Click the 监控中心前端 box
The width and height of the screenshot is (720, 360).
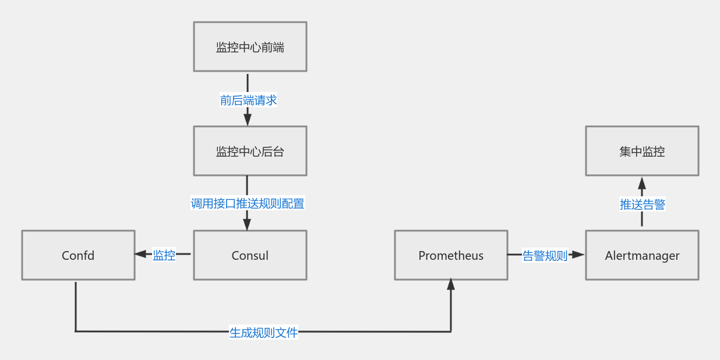(x=250, y=47)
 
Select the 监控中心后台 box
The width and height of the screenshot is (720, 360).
(x=250, y=151)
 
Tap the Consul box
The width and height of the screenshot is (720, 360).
(x=250, y=255)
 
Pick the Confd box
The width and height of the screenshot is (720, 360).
(x=78, y=255)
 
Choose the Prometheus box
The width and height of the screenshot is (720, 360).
(x=451, y=255)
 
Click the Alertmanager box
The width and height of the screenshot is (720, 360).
(x=642, y=255)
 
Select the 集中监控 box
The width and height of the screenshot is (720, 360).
(x=642, y=151)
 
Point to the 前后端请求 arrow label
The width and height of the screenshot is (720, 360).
(x=248, y=100)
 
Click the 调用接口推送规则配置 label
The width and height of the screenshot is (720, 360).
(x=248, y=203)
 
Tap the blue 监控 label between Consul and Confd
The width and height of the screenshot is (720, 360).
(x=164, y=255)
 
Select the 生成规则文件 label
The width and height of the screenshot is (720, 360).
(x=263, y=332)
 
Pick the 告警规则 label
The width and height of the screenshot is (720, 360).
(x=545, y=255)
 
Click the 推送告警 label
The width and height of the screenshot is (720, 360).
(x=642, y=204)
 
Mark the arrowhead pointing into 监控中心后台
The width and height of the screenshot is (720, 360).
(x=248, y=119)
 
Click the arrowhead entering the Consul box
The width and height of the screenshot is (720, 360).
(x=248, y=224)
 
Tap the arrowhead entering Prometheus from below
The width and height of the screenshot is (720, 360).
(x=451, y=285)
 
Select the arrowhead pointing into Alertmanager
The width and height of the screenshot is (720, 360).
(x=578, y=255)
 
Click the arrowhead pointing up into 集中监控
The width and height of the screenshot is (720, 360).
(x=642, y=182)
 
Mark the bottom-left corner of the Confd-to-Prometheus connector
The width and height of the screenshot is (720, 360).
(x=76, y=331)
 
